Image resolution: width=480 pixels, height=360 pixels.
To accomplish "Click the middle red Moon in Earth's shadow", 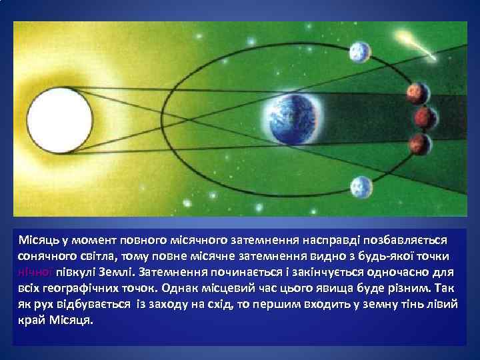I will [x=423, y=117].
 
